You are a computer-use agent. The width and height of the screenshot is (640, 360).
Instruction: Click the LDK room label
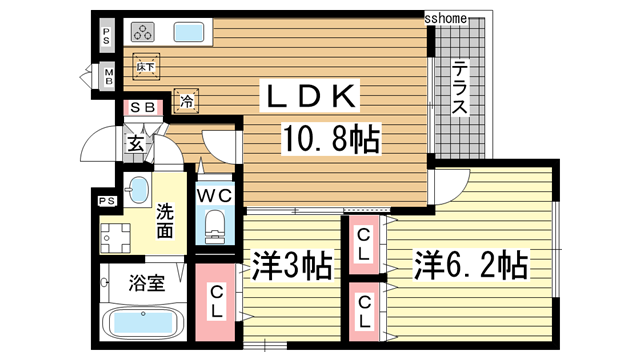coord(308,97)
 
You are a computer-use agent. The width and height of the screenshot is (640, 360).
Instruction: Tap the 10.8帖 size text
coord(332,141)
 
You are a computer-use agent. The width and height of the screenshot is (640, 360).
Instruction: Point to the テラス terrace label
coord(460,91)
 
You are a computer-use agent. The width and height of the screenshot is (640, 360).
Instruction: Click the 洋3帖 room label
coord(292,267)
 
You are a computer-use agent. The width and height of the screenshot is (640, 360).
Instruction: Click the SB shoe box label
coord(142,107)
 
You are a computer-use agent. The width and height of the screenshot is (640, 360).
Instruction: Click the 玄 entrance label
coord(135,144)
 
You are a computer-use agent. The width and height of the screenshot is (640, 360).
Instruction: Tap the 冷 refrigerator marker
coord(187,99)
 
